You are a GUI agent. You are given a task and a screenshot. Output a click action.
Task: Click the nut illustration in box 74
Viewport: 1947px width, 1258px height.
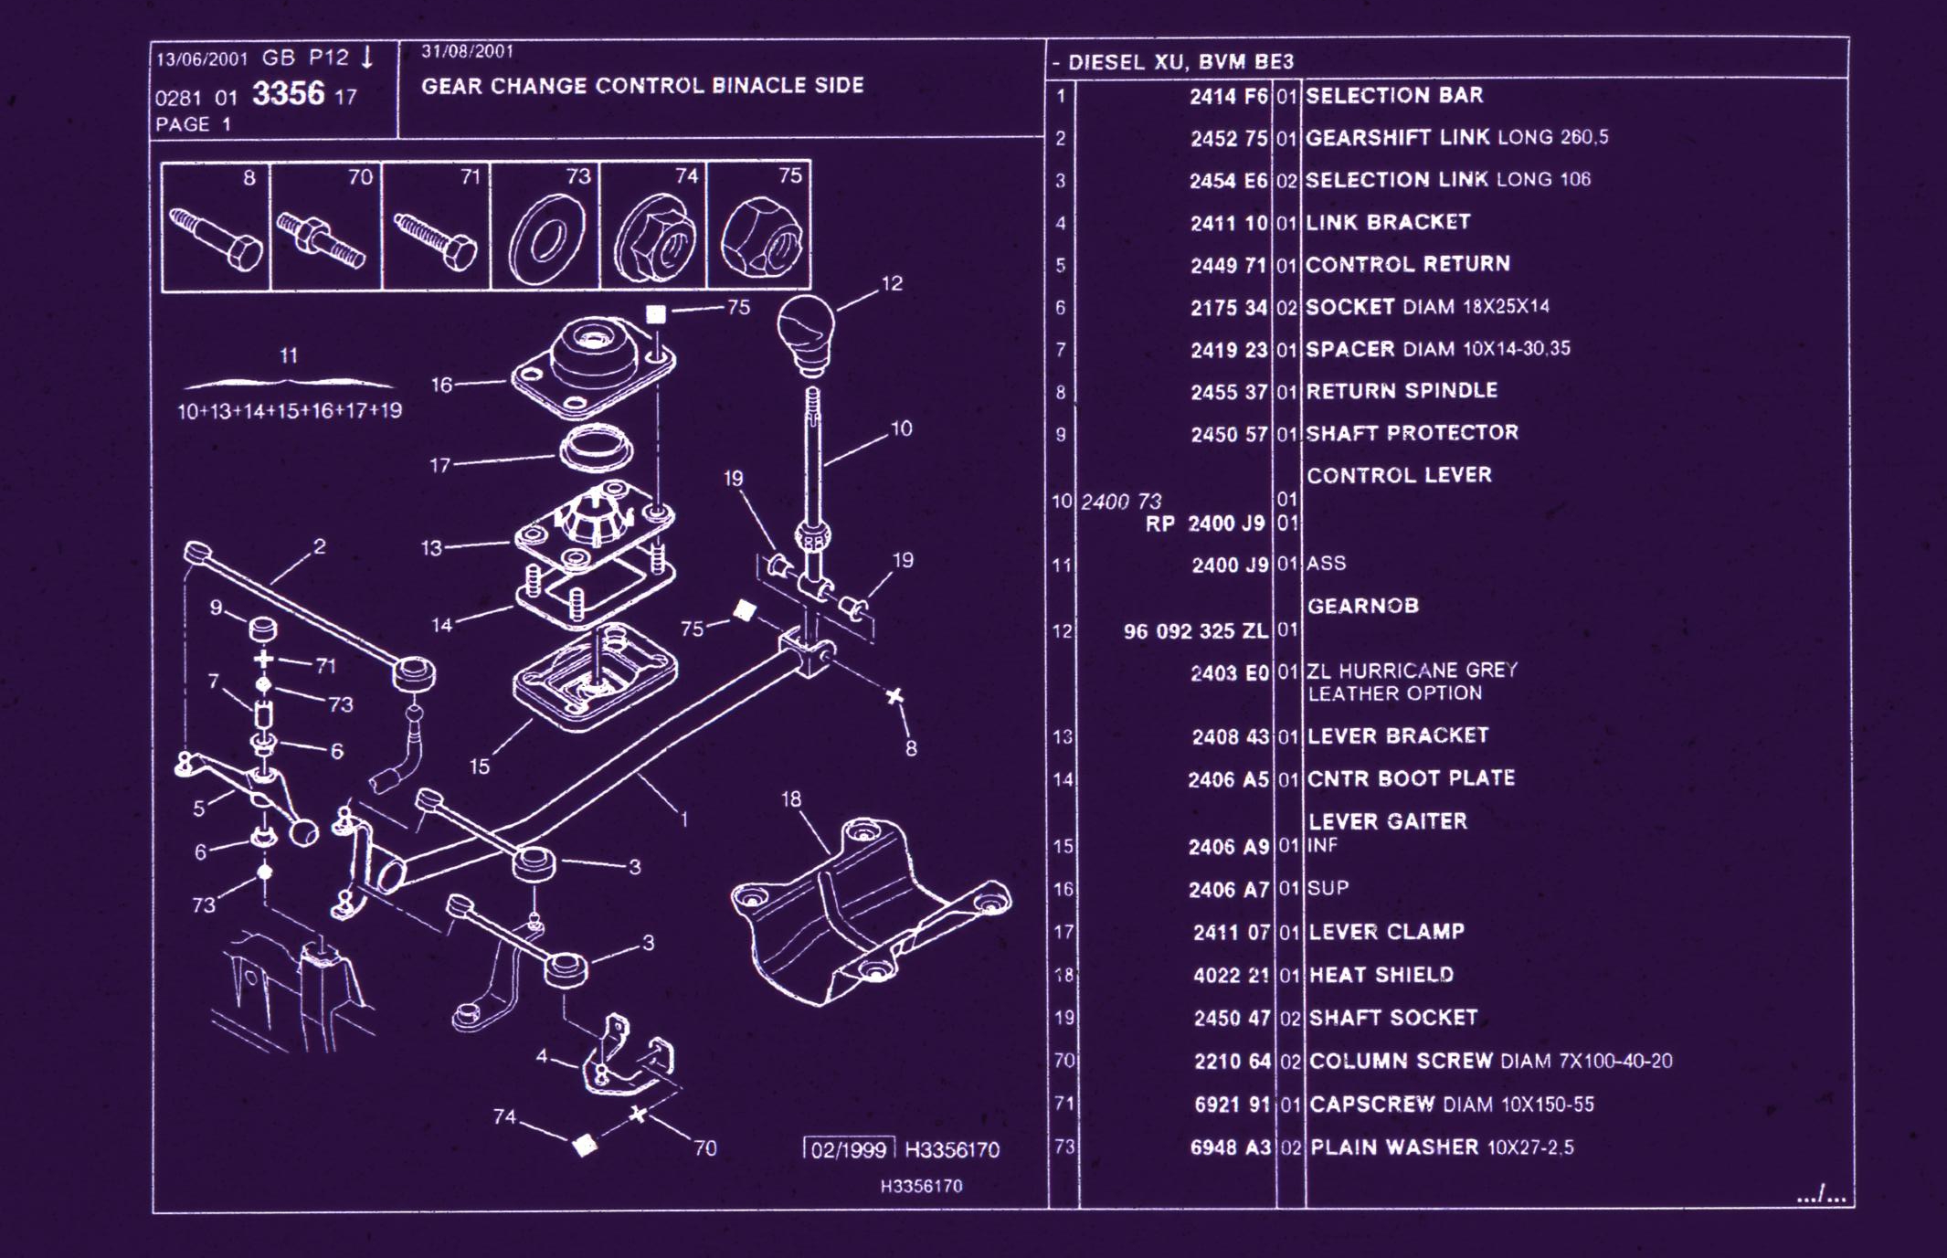[x=655, y=239]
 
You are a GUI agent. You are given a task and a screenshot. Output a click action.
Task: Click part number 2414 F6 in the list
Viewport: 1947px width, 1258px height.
[x=1228, y=96]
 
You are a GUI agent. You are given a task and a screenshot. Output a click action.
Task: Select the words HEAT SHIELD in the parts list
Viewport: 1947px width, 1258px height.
[x=1381, y=975]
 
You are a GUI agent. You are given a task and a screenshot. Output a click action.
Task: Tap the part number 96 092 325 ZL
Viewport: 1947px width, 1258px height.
[x=1195, y=631]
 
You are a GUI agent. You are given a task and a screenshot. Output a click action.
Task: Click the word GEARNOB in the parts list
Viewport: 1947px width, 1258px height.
[x=1362, y=606]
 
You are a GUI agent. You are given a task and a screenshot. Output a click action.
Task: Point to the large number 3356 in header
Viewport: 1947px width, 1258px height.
[x=288, y=94]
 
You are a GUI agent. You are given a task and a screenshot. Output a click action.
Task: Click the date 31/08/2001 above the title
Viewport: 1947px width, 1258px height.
[x=467, y=51]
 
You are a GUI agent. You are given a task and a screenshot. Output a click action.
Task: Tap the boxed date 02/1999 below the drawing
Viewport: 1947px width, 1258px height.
[x=848, y=1149]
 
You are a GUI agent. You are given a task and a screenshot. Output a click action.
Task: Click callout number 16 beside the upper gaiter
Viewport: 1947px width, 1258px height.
[x=441, y=385]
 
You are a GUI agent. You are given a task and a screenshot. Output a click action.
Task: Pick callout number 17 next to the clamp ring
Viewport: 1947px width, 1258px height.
[x=439, y=465]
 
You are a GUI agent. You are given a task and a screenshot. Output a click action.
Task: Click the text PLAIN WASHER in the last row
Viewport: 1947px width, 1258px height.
[x=1394, y=1147]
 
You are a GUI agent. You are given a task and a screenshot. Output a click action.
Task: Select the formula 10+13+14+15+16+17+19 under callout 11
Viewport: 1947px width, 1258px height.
[x=289, y=411]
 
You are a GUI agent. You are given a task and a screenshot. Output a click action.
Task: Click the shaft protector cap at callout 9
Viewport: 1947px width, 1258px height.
[x=263, y=628]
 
